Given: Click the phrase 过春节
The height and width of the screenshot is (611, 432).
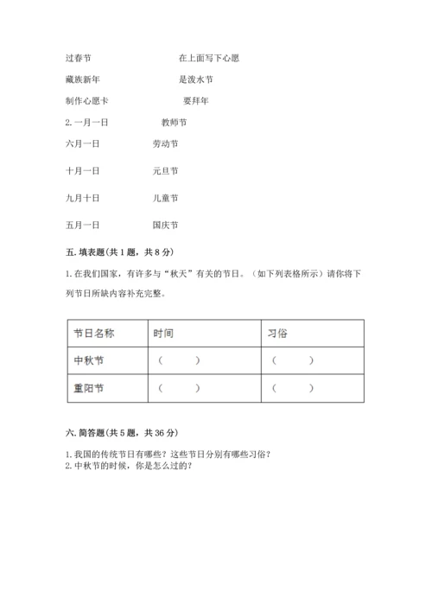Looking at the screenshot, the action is pyautogui.click(x=78, y=58).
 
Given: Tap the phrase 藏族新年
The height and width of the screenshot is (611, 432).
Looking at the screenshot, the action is pyautogui.click(x=82, y=80).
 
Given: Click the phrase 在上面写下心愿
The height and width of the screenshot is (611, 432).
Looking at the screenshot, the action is pyautogui.click(x=208, y=58).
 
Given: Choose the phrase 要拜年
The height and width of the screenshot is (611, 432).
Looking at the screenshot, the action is pyautogui.click(x=195, y=101).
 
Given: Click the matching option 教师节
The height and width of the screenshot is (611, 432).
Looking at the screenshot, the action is pyautogui.click(x=175, y=122).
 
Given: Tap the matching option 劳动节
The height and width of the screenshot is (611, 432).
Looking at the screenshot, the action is pyautogui.click(x=164, y=144).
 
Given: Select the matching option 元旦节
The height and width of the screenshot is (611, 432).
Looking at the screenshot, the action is pyautogui.click(x=164, y=171).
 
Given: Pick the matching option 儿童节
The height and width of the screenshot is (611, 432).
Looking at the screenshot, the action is pyautogui.click(x=164, y=198).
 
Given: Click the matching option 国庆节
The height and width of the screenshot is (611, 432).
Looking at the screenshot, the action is pyautogui.click(x=164, y=226).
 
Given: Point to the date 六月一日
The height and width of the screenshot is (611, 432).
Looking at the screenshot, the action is pyautogui.click(x=82, y=144).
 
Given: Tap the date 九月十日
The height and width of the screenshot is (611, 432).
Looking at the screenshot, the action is pyautogui.click(x=82, y=198).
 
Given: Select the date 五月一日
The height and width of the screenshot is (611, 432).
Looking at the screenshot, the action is pyautogui.click(x=82, y=226).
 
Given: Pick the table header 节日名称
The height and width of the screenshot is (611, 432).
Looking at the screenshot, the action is pyautogui.click(x=93, y=333).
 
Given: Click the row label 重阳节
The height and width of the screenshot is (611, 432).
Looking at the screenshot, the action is pyautogui.click(x=88, y=388).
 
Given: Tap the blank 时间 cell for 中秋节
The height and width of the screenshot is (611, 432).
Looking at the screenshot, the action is pyautogui.click(x=179, y=360).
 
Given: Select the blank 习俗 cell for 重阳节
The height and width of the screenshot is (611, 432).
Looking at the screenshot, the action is pyautogui.click(x=293, y=388).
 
